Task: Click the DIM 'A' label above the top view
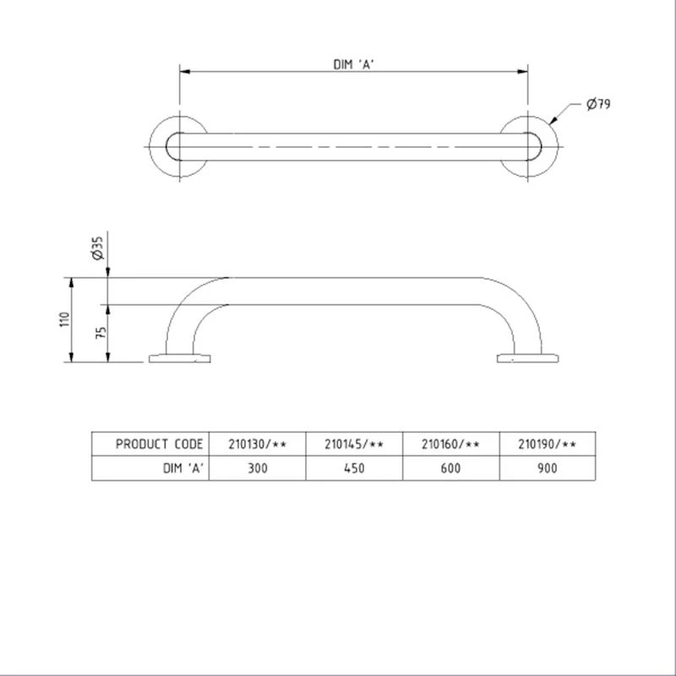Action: [354, 63]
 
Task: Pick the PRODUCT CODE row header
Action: [159, 444]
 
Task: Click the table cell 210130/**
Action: [258, 444]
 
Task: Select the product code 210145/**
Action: [355, 444]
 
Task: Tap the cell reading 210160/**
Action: [451, 444]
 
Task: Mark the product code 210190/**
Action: [548, 444]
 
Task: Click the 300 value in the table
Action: [258, 468]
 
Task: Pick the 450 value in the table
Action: [355, 468]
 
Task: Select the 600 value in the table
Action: [451, 468]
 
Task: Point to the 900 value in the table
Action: [548, 468]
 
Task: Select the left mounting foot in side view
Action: [179, 358]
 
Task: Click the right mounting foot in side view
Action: [527, 358]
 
